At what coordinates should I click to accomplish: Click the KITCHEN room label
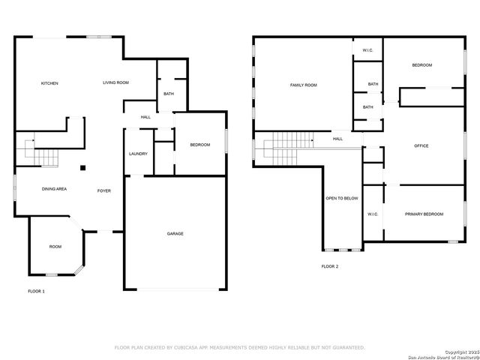[49, 83]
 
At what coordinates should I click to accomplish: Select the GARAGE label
[175, 233]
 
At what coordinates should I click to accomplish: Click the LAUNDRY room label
[138, 154]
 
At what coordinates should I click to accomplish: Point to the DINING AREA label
[54, 189]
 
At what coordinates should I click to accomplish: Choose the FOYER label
[104, 190]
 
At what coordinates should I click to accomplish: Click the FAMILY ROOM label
[304, 85]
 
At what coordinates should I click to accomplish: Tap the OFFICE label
[421, 145]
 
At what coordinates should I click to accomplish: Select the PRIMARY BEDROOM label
[424, 214]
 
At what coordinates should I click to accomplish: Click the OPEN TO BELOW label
[342, 198]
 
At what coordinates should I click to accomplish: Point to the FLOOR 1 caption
[36, 290]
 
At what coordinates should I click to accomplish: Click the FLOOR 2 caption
[330, 266]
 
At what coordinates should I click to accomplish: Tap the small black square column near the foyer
[84, 168]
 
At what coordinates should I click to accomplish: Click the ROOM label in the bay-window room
[55, 247]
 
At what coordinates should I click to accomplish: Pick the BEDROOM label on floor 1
[199, 145]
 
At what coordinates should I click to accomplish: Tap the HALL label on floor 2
[337, 139]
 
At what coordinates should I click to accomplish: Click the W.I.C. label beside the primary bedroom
[373, 214]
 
